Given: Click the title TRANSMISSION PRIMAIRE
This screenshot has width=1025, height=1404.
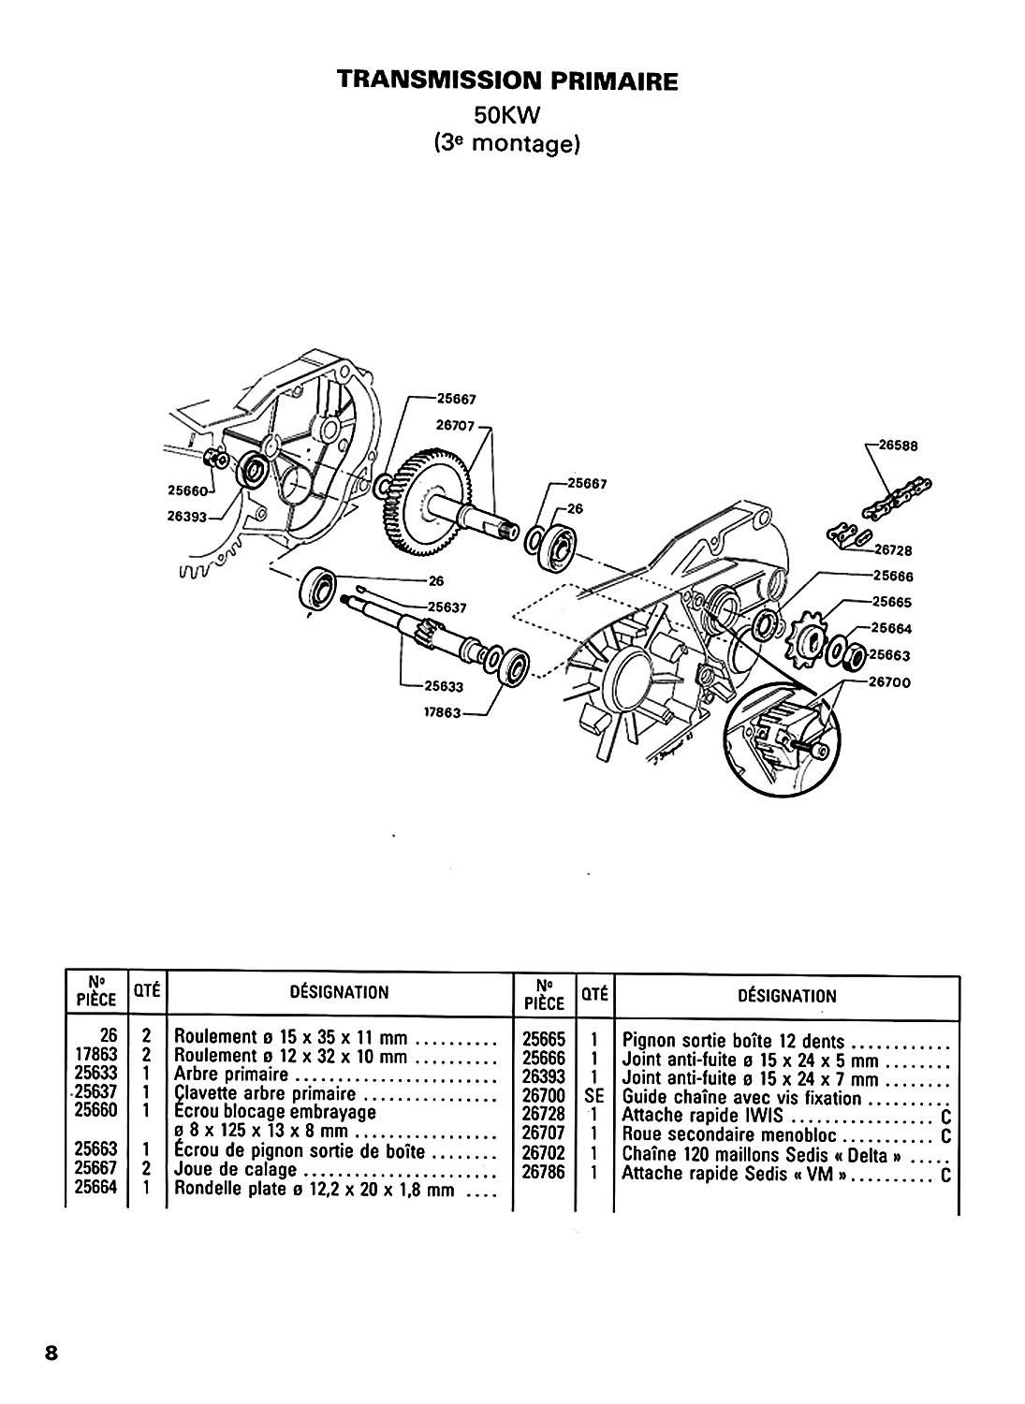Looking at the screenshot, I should pos(507,80).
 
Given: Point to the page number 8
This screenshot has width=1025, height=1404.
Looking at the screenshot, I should pos(51,1354).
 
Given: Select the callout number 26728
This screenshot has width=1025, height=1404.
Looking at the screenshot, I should pos(892,551).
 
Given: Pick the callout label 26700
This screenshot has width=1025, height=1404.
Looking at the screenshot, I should pos(890,682).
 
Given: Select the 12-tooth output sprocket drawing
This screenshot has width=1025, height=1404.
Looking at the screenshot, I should pos(806,639).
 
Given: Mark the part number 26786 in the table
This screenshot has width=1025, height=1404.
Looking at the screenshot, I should pos(544,1171).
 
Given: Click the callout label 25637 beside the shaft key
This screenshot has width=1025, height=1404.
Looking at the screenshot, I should pos(447,607).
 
